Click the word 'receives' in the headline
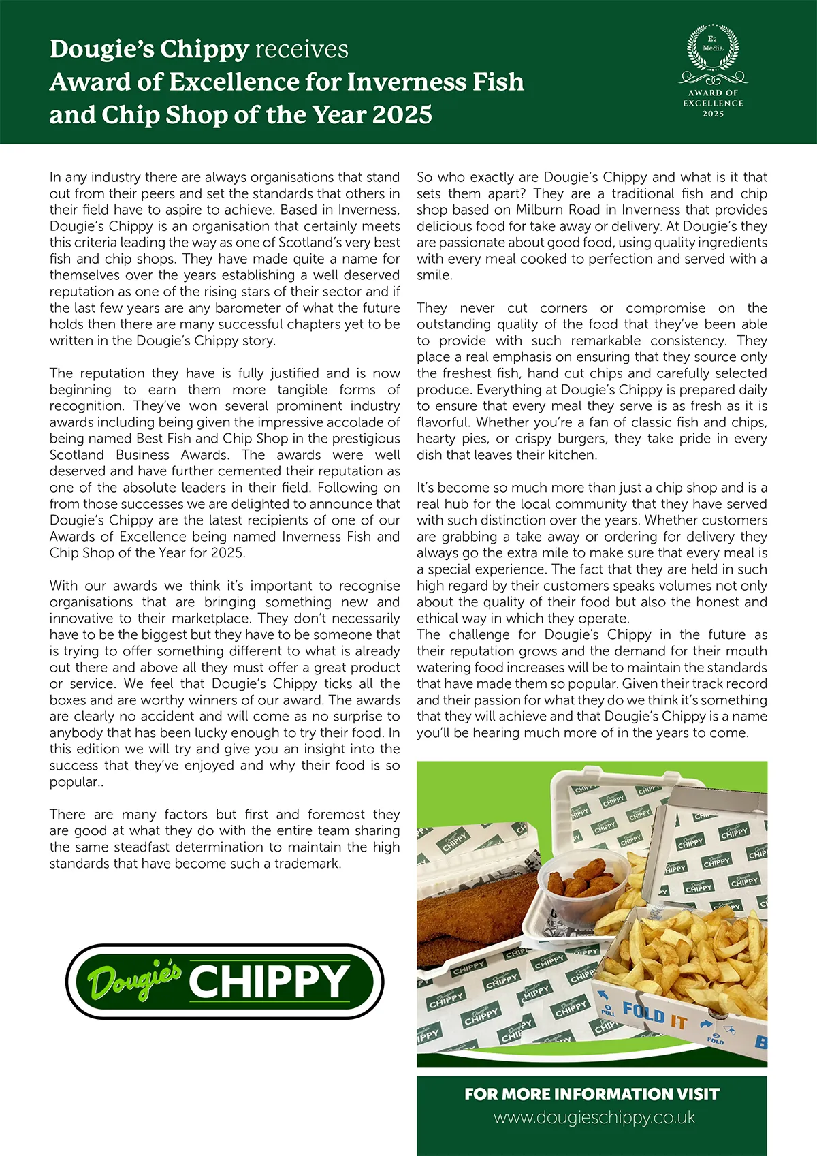click(301, 49)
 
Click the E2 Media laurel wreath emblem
click(713, 48)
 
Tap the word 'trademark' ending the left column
click(306, 863)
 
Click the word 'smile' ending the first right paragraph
click(434, 275)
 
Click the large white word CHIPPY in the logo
click(269, 982)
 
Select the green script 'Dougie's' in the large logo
click(134, 980)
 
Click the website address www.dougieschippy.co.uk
click(594, 1117)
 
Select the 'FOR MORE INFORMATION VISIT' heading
click(592, 1094)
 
